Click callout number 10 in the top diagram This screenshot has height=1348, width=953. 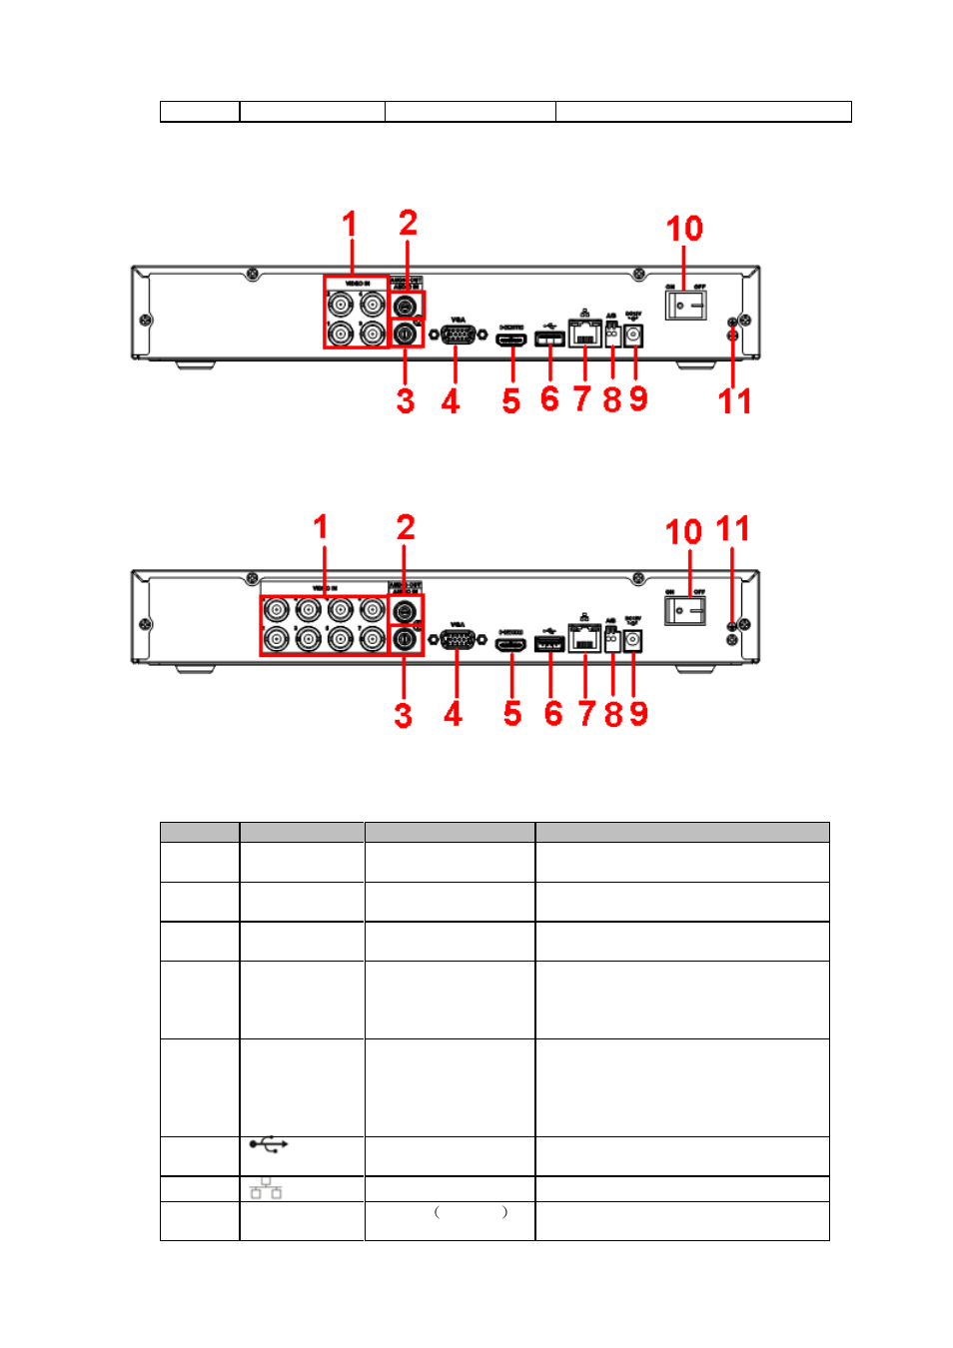[684, 229]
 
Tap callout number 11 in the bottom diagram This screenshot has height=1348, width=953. [732, 528]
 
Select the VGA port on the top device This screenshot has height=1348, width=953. [458, 334]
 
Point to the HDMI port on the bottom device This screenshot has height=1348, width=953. [511, 644]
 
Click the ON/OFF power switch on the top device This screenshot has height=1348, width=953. [685, 304]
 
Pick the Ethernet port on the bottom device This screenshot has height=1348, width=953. [584, 638]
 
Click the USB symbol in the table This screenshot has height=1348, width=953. [268, 1143]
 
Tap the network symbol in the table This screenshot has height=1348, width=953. [266, 1188]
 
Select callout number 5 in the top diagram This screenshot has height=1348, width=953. [511, 401]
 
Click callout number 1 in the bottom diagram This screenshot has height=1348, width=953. [321, 526]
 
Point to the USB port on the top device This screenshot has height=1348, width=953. [549, 339]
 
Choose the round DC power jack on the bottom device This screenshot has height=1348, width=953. [632, 641]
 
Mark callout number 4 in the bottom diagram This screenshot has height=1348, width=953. [454, 714]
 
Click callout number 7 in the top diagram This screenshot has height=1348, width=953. [582, 399]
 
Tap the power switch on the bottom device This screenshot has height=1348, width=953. [685, 608]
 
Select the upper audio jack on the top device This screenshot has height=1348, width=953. [406, 307]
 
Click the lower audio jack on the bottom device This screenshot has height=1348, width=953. [406, 638]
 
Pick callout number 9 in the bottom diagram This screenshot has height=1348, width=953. [638, 714]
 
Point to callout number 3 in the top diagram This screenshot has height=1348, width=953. [405, 401]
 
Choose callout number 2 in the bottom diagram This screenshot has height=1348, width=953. [406, 527]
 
